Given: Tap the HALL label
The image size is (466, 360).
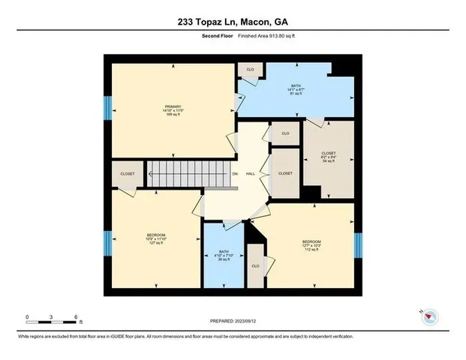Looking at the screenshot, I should (250, 174).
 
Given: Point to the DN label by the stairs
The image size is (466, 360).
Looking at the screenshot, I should (234, 174).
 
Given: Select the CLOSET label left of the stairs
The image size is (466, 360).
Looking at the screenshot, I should (128, 174).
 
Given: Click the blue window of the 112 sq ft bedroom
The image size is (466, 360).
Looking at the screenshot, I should (358, 244).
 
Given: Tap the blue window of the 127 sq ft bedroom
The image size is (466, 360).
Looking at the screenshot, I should (107, 244).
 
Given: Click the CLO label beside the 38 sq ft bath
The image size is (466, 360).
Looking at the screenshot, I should (255, 266).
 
